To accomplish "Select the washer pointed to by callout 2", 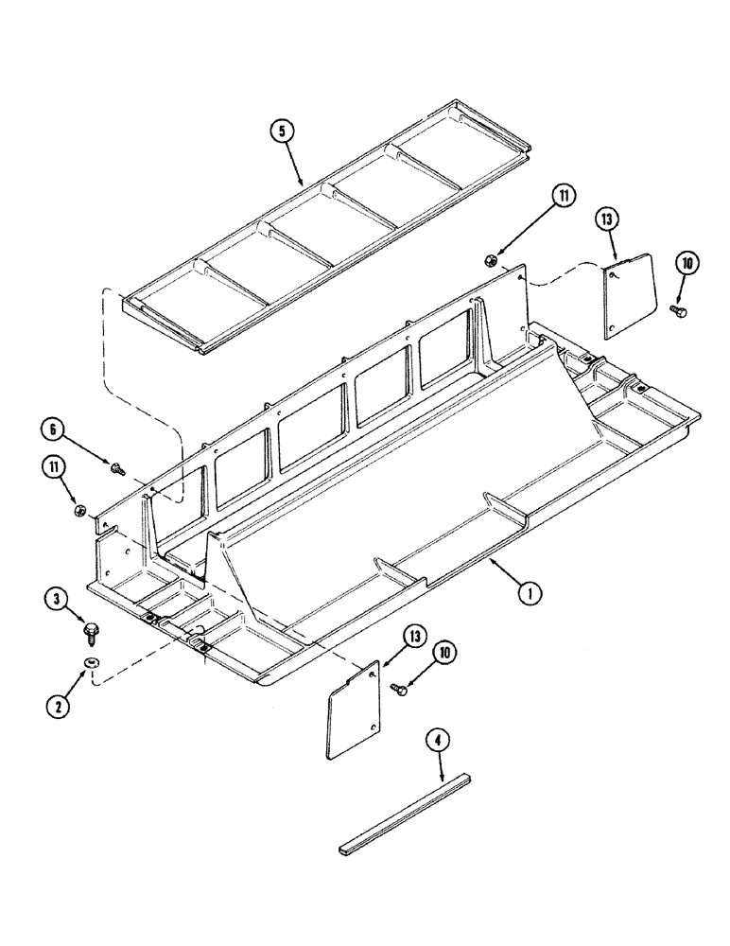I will (x=91, y=664).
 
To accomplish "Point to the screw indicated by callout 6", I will (x=119, y=466).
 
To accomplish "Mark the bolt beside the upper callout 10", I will (x=677, y=310).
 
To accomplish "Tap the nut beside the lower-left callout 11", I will (x=81, y=512).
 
